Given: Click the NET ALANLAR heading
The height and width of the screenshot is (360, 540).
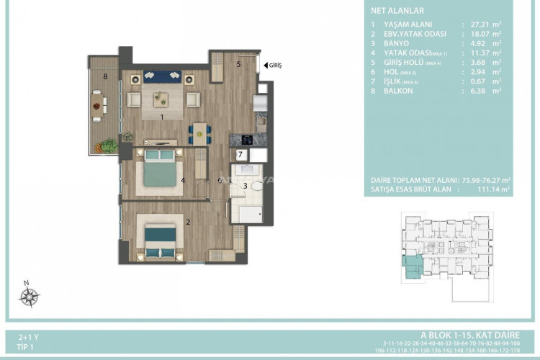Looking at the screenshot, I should pyautogui.click(x=397, y=11).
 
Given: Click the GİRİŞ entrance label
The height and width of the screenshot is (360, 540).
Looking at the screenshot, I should pyautogui.click(x=274, y=66).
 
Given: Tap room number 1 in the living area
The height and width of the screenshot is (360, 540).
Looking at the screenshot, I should pyautogui.click(x=163, y=117).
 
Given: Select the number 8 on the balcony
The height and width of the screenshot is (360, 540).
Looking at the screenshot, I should pyautogui.click(x=104, y=76).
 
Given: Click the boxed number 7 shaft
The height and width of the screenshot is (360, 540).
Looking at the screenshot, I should pyautogui.click(x=240, y=155).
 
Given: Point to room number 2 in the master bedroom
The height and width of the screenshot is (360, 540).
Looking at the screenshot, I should pyautogui.click(x=188, y=222).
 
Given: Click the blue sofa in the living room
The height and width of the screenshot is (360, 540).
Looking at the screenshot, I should pyautogui.click(x=162, y=76).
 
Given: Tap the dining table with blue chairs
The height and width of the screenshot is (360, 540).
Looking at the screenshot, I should pyautogui.click(x=199, y=132).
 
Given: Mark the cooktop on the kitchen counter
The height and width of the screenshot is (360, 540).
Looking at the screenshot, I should pyautogui.click(x=245, y=140).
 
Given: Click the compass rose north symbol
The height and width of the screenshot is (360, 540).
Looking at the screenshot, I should pyautogui.click(x=28, y=295).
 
